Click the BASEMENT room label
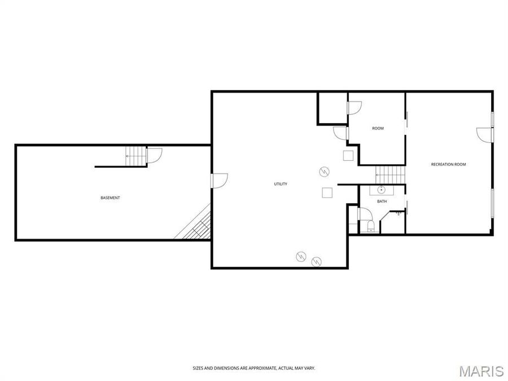point(110,198)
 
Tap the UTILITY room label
point(281,184)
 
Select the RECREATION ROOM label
point(448,164)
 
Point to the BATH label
point(382,202)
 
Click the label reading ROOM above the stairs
point(378,128)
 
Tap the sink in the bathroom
point(382,189)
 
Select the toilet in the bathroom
point(371,226)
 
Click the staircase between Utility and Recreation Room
point(391,174)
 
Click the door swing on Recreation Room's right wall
point(485,135)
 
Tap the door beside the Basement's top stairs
point(154,155)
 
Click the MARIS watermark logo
point(481,371)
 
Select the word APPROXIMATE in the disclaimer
point(257,368)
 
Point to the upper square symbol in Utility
point(348,156)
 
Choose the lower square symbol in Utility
point(327,192)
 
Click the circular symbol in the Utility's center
point(324,171)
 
